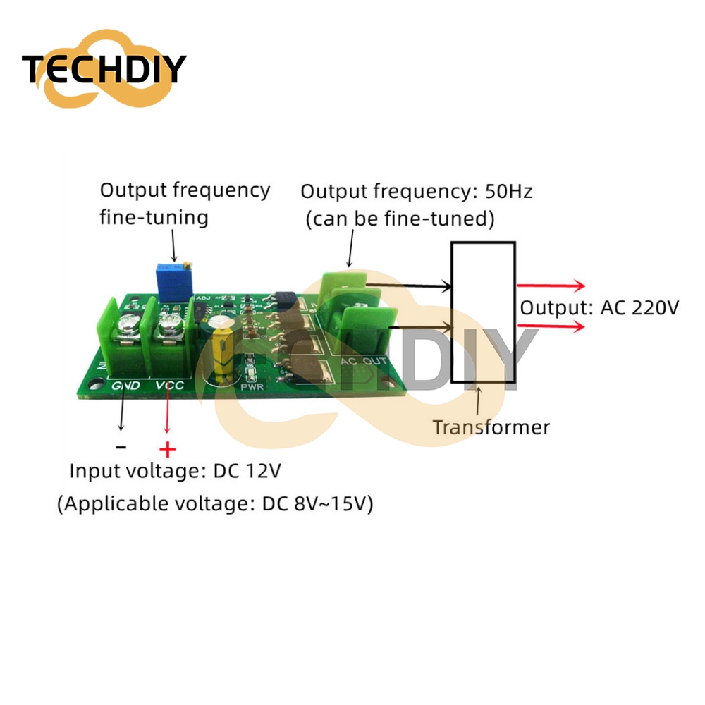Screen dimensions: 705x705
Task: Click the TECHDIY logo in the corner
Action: coord(104,68)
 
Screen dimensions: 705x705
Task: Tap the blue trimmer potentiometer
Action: coord(173,282)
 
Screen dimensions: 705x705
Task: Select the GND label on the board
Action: coord(125,386)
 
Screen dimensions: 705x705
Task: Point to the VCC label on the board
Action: coord(169,386)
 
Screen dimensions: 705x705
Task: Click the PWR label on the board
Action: coord(252,386)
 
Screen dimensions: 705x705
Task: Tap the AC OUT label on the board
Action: coord(363,361)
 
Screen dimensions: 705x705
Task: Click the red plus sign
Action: coord(168,449)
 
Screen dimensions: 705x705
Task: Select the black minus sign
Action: coord(121,447)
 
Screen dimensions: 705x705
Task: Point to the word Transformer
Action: coord(491,427)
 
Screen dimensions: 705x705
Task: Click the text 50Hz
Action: coord(508,192)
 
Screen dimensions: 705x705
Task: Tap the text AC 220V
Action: coord(639,308)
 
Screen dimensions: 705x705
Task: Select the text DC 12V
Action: coord(247,471)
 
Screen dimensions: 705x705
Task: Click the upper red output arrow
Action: coord(551,285)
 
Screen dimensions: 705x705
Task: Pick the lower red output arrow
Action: coord(551,326)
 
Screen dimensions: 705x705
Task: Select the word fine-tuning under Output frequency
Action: coord(154,218)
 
